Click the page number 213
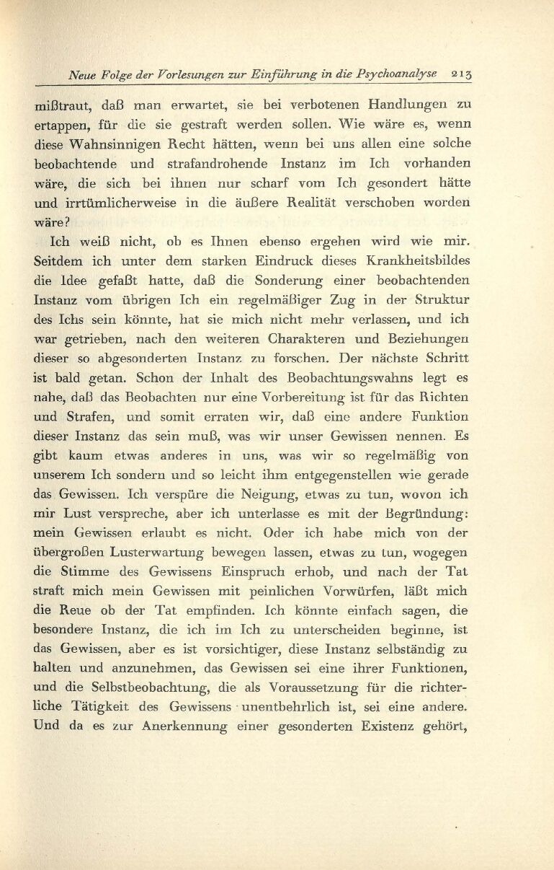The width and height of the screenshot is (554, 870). tap(460, 73)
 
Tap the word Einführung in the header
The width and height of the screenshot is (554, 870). tap(278, 73)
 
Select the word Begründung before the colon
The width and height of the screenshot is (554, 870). tap(421, 514)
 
